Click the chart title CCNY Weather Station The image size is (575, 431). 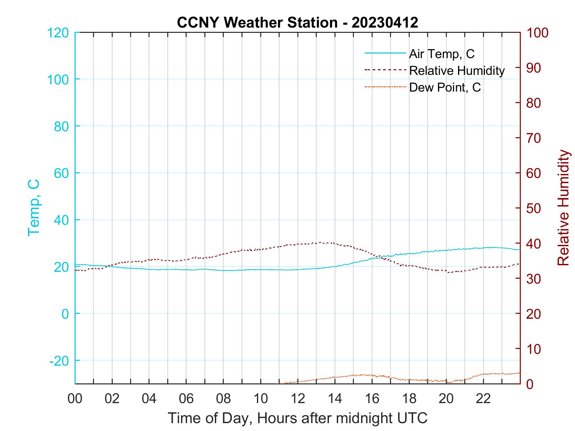click(x=297, y=23)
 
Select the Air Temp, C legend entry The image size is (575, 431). click(x=442, y=54)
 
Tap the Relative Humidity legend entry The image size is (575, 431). click(x=457, y=71)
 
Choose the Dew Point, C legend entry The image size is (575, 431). click(x=445, y=87)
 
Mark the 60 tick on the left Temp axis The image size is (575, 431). click(x=61, y=173)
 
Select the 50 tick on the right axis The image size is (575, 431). click(x=534, y=208)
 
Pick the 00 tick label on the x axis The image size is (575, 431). click(x=75, y=399)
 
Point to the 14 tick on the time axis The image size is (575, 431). click(x=335, y=399)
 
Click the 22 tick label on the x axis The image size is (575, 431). click(x=483, y=399)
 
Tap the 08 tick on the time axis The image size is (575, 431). click(x=223, y=399)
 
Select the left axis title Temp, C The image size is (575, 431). click(x=34, y=207)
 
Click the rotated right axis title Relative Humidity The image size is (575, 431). click(x=563, y=207)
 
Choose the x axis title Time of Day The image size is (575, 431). click(x=297, y=418)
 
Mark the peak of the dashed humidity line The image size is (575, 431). click(x=320, y=242)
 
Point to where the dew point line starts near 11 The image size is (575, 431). click(x=278, y=383)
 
